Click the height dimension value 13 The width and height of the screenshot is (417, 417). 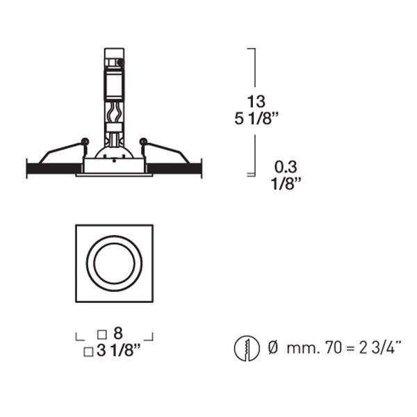[256, 101]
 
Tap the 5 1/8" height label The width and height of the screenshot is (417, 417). [256, 118]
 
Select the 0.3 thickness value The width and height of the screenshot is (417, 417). [286, 167]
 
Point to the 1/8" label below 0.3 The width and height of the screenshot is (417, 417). [286, 183]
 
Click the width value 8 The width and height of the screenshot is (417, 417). [118, 333]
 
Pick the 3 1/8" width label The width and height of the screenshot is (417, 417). [119, 350]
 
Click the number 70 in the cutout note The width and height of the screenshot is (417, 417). [334, 347]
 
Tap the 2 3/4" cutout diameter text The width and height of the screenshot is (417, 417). [380, 347]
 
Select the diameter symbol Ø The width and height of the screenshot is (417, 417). [272, 347]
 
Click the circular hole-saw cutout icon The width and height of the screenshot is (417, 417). [247, 348]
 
